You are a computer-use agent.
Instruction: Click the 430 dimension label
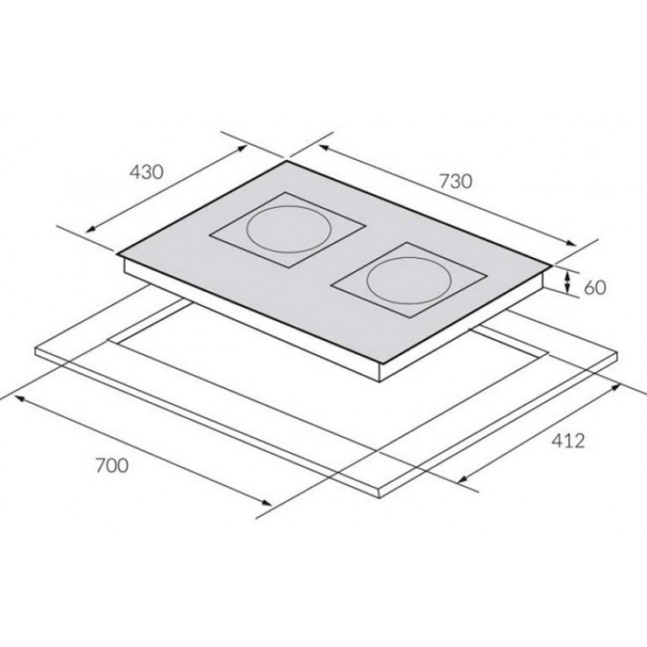(x=146, y=172)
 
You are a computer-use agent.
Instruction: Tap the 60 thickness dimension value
(x=595, y=286)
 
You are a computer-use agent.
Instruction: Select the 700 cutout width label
(x=111, y=464)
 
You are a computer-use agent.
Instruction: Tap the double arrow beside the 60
(x=568, y=282)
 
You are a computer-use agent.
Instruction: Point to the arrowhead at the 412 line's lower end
(x=460, y=478)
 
